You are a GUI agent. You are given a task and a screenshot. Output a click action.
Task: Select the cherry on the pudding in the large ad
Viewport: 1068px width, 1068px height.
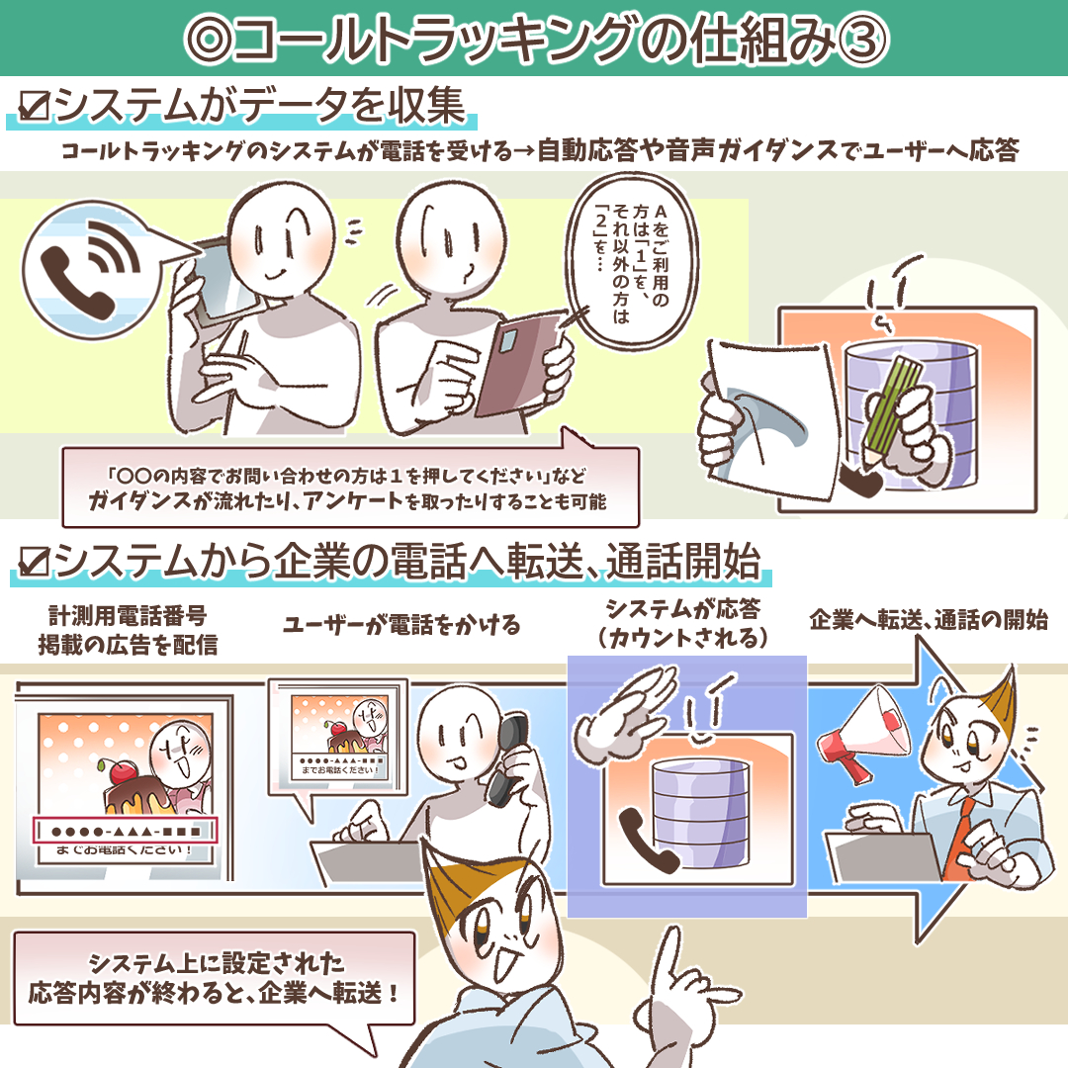pyautogui.click(x=122, y=771)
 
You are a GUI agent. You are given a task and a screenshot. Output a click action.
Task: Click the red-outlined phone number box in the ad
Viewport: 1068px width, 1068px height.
pyautogui.click(x=126, y=830)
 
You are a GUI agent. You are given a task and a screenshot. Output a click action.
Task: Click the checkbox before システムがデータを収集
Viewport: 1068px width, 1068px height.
pyautogui.click(x=34, y=106)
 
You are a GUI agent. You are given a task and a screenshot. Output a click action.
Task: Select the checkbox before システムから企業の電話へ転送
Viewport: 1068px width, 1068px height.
pyautogui.click(x=34, y=562)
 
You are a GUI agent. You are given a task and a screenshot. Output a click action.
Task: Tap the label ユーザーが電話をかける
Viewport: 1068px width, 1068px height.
pyautogui.click(x=401, y=624)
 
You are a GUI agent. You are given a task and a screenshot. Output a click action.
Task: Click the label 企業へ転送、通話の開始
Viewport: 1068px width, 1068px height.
pyautogui.click(x=929, y=619)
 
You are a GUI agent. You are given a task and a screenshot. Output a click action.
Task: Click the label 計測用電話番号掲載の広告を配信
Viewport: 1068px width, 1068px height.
pyautogui.click(x=128, y=629)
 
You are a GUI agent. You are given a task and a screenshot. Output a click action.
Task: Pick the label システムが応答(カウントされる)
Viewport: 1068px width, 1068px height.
pyautogui.click(x=683, y=622)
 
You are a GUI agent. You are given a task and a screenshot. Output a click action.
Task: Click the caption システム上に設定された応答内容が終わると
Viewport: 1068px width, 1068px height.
pyautogui.click(x=214, y=978)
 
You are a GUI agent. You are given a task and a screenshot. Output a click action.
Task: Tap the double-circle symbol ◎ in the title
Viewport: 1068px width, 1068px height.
pyautogui.click(x=209, y=40)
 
